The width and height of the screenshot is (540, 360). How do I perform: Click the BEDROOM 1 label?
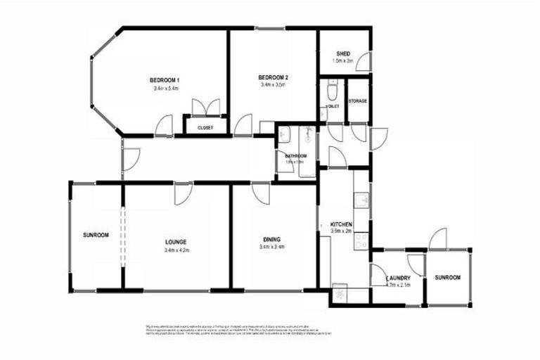click(166, 79)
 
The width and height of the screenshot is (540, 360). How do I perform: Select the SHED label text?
click(344, 53)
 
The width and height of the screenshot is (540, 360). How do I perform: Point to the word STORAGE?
click(358, 101)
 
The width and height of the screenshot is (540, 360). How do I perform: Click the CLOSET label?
click(205, 128)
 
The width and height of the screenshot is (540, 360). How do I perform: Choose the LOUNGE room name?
click(176, 242)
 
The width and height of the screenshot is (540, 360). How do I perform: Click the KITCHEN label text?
click(341, 225)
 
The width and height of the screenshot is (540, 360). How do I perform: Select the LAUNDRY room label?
click(398, 277)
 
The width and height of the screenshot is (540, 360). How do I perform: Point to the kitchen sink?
click(362, 200)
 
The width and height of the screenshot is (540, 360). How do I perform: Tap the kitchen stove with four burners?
click(362, 241)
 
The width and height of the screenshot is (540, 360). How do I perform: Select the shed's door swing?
click(364, 63)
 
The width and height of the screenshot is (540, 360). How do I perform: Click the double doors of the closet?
click(205, 108)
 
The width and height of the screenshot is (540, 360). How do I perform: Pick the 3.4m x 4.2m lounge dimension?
click(176, 250)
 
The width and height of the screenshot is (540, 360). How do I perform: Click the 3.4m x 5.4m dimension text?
click(166, 89)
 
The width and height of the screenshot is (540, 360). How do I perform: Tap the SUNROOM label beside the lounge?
click(96, 235)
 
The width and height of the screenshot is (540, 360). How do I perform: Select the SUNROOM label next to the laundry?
click(446, 278)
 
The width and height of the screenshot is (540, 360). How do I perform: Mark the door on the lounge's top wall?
click(183, 193)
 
